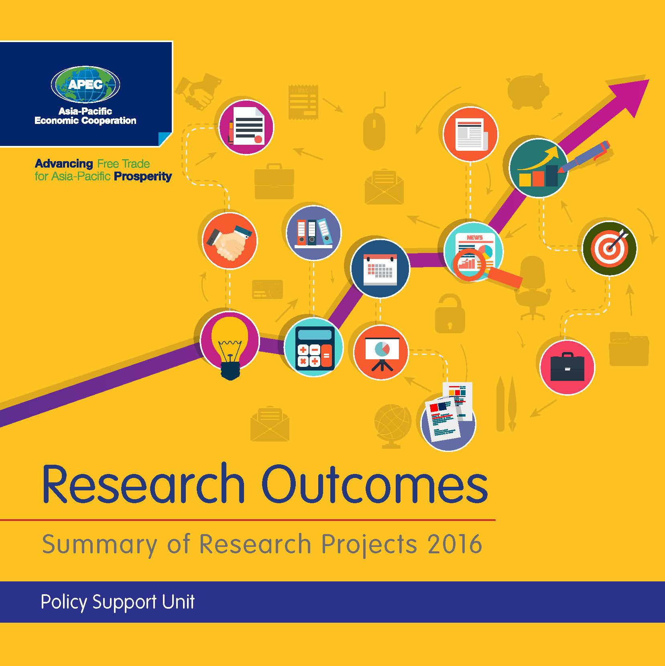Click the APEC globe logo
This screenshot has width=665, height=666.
point(85,85)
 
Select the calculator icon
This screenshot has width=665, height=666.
point(314,347)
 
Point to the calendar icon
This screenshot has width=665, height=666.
point(380,268)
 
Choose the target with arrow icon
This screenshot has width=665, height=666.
point(609,248)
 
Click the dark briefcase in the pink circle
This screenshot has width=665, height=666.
point(567,367)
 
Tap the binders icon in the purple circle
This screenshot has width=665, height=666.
point(313,233)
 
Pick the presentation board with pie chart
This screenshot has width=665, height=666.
point(381,352)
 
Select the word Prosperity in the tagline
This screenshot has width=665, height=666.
point(143,176)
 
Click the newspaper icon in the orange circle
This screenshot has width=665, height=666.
point(470,134)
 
